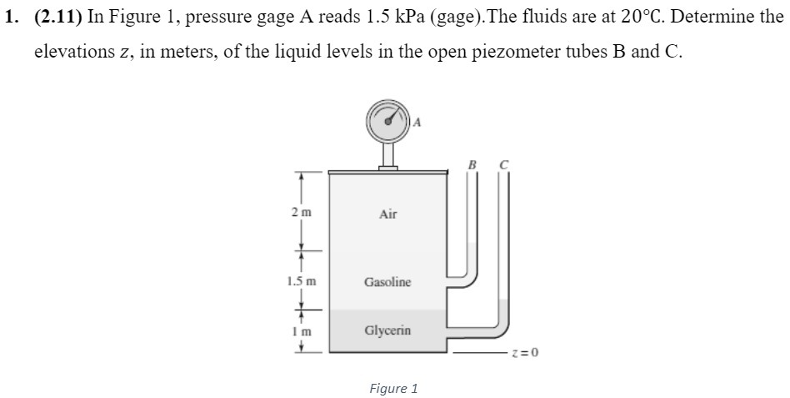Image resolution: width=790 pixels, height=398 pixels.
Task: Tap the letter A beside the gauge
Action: click(x=417, y=122)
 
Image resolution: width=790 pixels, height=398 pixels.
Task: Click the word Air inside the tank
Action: click(x=387, y=214)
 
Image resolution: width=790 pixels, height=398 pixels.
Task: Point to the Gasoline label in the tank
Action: click(x=387, y=282)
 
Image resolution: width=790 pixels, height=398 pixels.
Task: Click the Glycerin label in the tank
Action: click(x=387, y=330)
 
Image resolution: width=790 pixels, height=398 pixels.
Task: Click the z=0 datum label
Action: click(x=527, y=352)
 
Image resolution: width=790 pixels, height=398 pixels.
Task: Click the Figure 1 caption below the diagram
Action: click(x=393, y=388)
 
